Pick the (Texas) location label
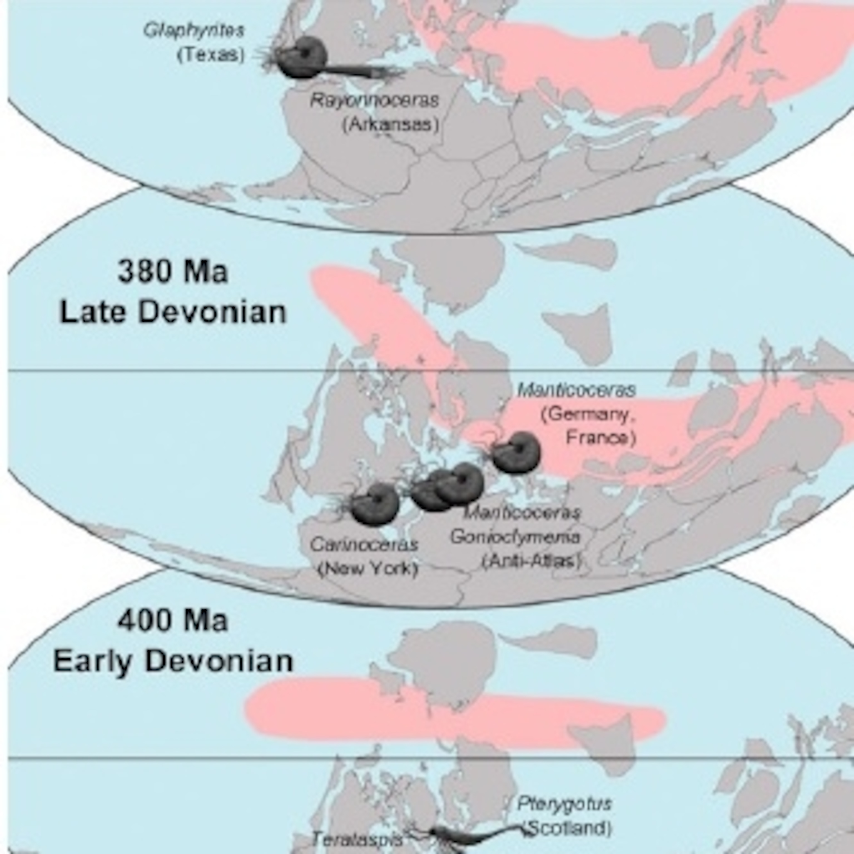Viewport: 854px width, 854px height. coord(211,55)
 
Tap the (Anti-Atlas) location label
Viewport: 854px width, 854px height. coord(530,561)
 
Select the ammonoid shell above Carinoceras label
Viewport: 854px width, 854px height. coord(375,504)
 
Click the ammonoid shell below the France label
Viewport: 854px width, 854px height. coord(516,452)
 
